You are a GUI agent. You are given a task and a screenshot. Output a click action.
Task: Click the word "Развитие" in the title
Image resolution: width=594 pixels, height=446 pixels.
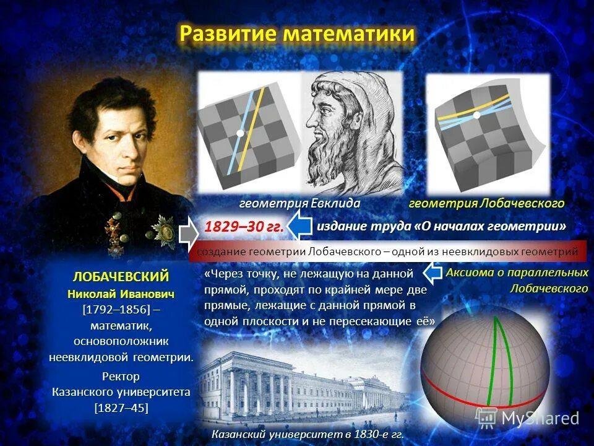point(228,33)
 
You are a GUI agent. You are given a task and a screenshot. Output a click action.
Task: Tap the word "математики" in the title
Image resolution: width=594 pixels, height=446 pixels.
point(348,33)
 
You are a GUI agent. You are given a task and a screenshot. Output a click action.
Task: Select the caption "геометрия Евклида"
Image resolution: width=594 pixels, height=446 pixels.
point(300,204)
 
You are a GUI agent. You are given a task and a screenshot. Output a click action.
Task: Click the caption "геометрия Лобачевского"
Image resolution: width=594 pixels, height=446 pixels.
point(487,204)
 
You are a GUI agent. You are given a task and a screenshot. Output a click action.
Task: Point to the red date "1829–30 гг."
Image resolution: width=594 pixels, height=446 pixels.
point(244,227)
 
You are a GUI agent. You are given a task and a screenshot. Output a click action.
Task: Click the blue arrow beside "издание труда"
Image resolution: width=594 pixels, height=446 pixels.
point(301,227)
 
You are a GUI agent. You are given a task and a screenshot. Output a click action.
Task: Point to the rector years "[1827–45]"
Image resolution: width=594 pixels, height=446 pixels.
point(121,408)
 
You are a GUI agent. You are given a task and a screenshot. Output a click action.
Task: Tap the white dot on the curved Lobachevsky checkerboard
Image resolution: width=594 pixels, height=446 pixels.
point(476,115)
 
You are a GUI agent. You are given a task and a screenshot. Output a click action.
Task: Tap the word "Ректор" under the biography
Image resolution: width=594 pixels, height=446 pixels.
point(121,377)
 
